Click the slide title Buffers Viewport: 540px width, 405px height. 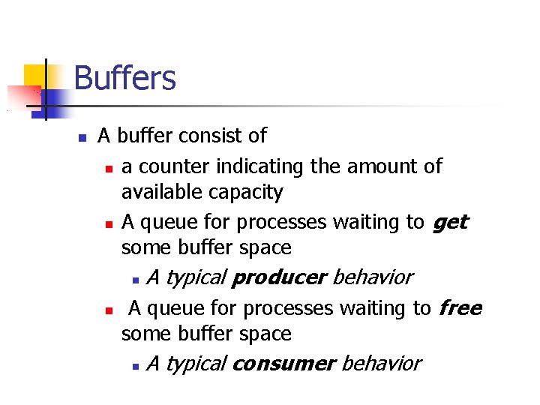pyautogui.click(x=125, y=78)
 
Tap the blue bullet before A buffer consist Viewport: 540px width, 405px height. pyautogui.click(x=83, y=138)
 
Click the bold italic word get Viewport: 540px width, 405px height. pyautogui.click(x=450, y=223)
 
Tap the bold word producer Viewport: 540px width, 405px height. pyautogui.click(x=279, y=278)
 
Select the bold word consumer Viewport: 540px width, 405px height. pyautogui.click(x=283, y=364)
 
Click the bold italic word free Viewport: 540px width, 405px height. pyautogui.click(x=460, y=308)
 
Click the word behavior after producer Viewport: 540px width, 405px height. pyautogui.click(x=372, y=278)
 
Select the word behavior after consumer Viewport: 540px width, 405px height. pyautogui.click(x=381, y=364)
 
